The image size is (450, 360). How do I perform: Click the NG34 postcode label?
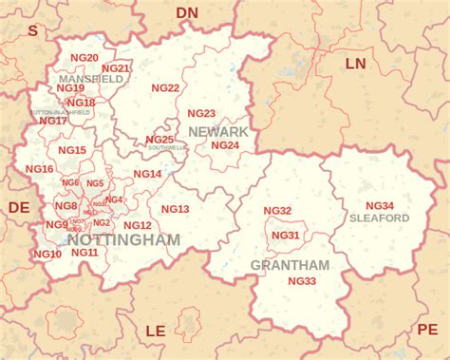380,205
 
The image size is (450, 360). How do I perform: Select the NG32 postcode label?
277,211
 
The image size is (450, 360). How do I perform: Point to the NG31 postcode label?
286,236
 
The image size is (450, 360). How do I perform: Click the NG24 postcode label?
225,145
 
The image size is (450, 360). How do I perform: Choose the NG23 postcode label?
201,113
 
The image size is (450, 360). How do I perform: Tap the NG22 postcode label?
166,88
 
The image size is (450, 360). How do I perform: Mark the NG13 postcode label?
176,209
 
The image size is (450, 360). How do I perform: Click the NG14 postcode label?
147,174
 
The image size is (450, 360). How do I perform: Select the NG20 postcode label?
85,58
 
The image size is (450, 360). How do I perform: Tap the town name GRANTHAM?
290,265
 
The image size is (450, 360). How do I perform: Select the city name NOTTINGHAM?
124,240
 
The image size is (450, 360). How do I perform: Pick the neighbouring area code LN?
355,64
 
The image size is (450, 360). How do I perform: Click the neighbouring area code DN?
188,12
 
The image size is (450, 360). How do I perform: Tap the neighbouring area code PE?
426,330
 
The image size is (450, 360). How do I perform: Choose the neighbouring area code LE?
155,331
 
